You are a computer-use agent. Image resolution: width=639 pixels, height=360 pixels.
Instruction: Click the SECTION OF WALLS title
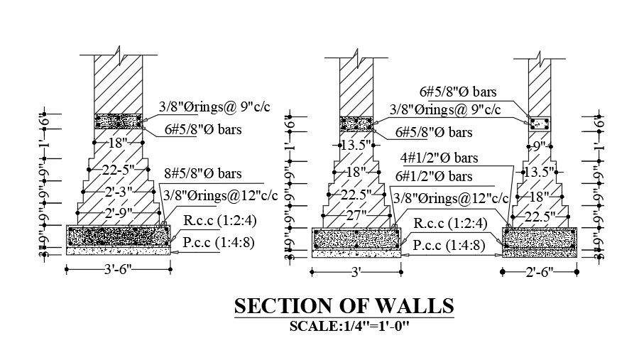[344, 306]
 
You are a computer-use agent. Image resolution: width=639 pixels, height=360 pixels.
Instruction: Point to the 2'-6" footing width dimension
[540, 271]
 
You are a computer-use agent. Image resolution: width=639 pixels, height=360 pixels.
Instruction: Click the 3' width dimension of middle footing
[357, 271]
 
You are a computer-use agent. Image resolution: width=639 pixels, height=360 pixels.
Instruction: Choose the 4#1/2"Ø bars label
[439, 158]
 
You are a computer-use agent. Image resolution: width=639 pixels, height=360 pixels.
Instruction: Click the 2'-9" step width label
[118, 213]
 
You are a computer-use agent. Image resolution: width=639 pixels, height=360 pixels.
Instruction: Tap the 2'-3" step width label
[118, 192]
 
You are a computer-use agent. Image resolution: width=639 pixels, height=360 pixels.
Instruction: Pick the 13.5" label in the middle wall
[356, 145]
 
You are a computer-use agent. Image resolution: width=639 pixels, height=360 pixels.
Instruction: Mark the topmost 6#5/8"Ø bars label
[457, 92]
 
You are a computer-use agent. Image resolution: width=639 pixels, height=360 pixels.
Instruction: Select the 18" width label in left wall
[118, 143]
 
